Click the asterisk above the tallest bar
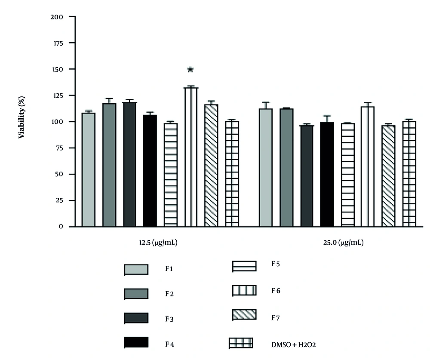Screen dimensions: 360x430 (190, 70)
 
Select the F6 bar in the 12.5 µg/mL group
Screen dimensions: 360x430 (190, 157)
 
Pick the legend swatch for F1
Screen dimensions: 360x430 (136, 269)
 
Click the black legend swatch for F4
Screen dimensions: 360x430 (136, 342)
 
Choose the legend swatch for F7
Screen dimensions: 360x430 (244, 314)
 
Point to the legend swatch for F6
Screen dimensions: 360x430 (244, 290)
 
